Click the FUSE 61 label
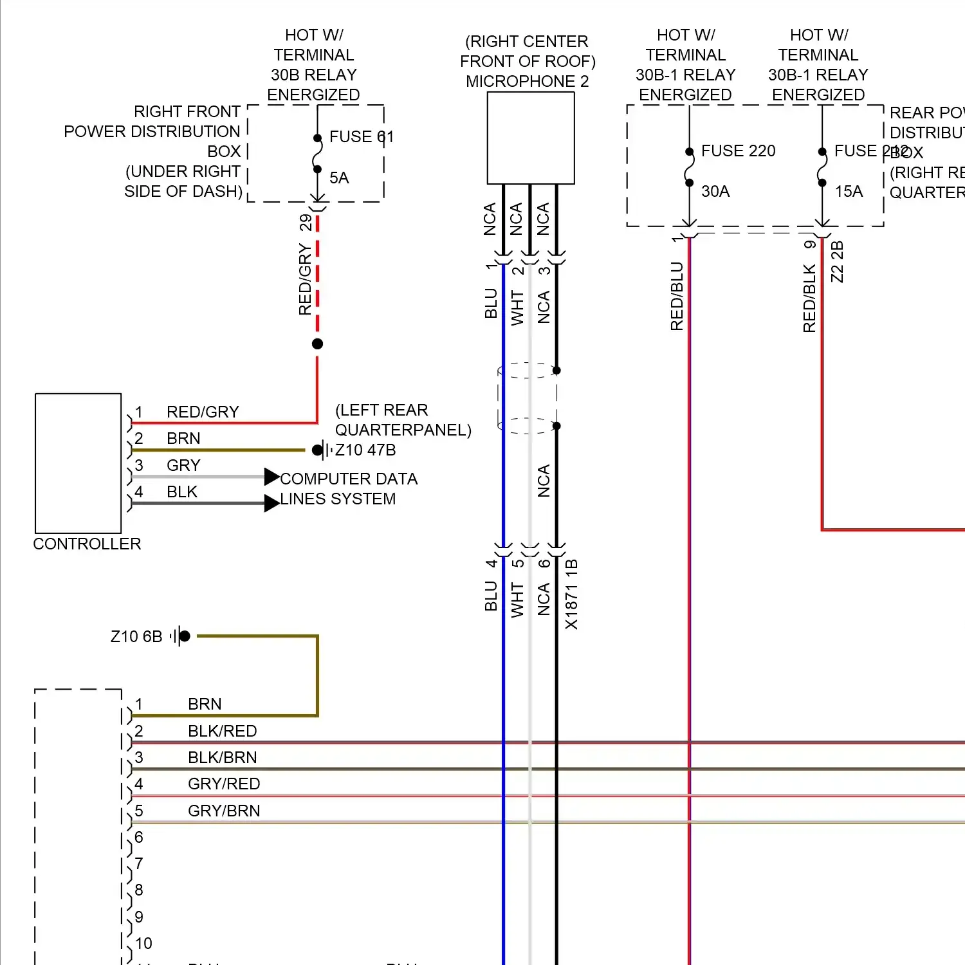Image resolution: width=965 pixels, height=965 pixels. [361, 137]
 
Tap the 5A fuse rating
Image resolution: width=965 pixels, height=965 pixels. [339, 178]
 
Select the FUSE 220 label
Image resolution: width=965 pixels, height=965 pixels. [738, 151]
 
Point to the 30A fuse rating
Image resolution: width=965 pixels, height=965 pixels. [715, 192]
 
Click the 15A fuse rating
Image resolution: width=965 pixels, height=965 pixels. [849, 192]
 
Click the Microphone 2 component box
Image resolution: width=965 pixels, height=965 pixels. [531, 138]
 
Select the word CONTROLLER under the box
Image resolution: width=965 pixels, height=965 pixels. [87, 544]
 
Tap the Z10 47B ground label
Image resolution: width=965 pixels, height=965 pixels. [365, 450]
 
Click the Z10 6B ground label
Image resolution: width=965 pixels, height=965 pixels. [136, 637]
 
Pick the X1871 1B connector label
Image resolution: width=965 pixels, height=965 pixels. [571, 594]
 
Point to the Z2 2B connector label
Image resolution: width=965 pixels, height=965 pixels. [837, 262]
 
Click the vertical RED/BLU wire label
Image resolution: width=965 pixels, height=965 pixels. [677, 297]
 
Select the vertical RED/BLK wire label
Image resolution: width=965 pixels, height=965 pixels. [809, 299]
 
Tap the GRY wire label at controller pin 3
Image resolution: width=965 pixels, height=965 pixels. [183, 466]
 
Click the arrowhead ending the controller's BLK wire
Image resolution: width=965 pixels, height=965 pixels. [271, 503]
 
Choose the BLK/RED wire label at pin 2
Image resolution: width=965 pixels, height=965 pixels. [222, 731]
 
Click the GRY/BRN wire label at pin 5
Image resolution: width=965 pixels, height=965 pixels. [224, 811]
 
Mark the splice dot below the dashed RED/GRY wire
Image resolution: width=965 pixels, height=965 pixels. [317, 344]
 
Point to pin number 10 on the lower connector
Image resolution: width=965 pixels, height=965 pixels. [143, 944]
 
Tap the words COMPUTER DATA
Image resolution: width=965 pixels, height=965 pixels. [349, 479]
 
